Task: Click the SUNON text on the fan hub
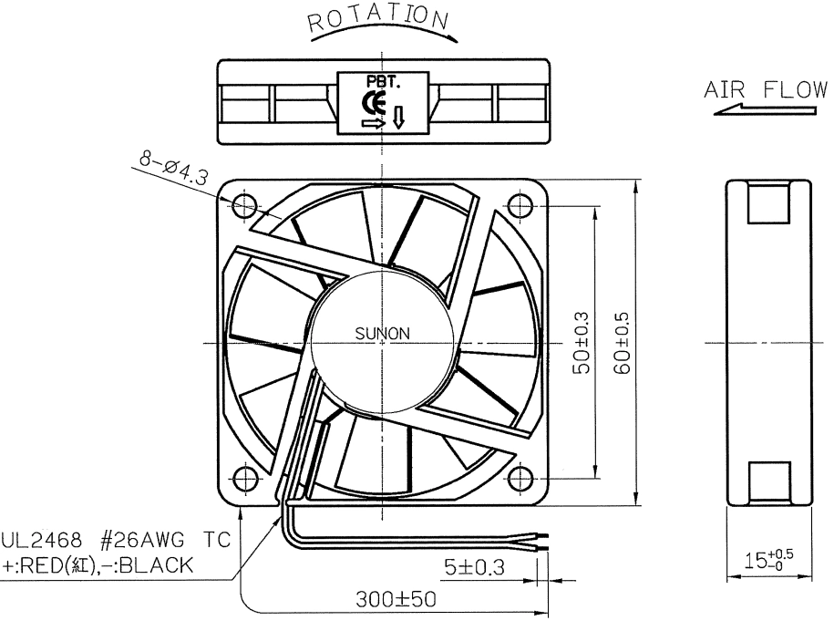pyautogui.click(x=383, y=334)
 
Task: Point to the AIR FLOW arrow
pyautogui.click(x=766, y=110)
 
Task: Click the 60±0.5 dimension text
pyautogui.click(x=622, y=343)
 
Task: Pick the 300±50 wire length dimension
pyautogui.click(x=396, y=600)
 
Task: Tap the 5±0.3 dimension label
pyautogui.click(x=475, y=567)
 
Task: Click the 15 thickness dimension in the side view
pyautogui.click(x=768, y=560)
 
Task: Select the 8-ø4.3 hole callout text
pyautogui.click(x=174, y=168)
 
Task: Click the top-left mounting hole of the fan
pyautogui.click(x=244, y=205)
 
